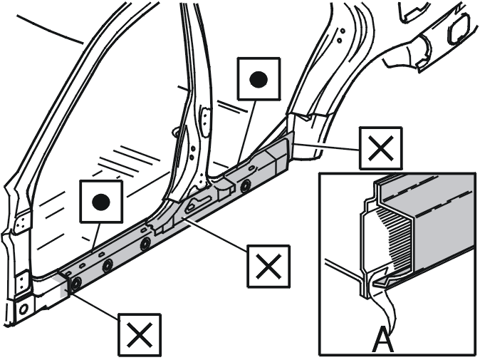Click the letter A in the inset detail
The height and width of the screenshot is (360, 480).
pyautogui.click(x=383, y=339)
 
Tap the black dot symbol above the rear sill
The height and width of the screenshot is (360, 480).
pyautogui.click(x=259, y=79)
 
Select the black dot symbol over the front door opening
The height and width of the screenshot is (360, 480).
pyautogui.click(x=101, y=202)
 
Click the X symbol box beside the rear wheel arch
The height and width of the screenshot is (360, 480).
pyautogui.click(x=380, y=148)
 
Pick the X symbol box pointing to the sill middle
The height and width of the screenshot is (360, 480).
pyautogui.click(x=268, y=266)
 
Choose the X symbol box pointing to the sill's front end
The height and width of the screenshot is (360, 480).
pyautogui.click(x=140, y=335)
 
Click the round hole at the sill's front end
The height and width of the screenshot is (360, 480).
pyautogui.click(x=76, y=284)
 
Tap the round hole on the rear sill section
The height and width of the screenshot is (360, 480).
pyautogui.click(x=245, y=185)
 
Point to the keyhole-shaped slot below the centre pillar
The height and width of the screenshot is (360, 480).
pyautogui.click(x=198, y=203)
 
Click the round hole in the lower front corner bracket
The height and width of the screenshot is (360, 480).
pyautogui.click(x=24, y=309)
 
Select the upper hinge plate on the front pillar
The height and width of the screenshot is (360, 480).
pyautogui.click(x=22, y=222)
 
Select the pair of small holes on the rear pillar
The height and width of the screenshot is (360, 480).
pyautogui.click(x=340, y=35)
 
